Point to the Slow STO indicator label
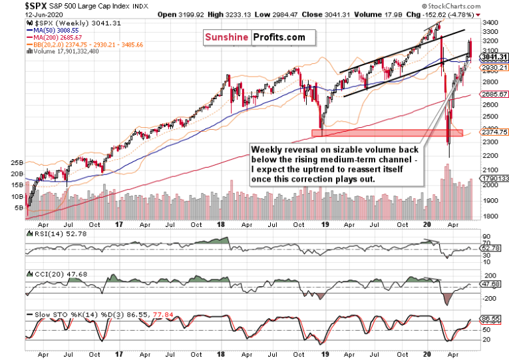[x=47, y=313]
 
